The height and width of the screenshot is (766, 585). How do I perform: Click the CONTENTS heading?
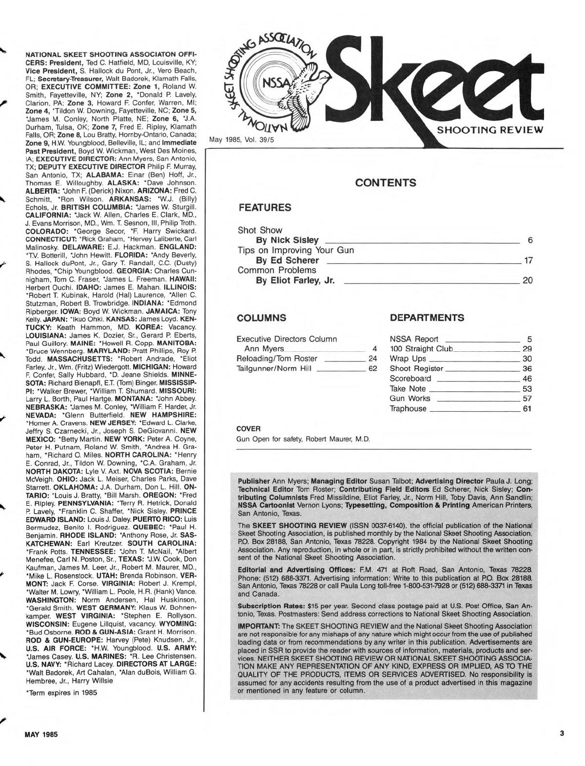[386, 183]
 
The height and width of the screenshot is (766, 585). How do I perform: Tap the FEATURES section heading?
[265, 207]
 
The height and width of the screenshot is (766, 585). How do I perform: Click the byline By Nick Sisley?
[288, 240]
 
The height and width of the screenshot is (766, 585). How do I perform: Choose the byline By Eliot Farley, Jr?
[295, 280]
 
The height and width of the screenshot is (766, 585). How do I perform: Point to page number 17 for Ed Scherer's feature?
[528, 261]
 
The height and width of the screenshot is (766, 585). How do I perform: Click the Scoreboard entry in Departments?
[410, 379]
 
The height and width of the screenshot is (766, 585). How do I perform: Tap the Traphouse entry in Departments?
[408, 408]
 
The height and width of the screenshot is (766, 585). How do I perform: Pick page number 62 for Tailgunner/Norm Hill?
[372, 369]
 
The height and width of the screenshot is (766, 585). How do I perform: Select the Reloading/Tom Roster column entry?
[276, 359]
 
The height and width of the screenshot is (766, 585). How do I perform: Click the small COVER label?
[248, 429]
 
